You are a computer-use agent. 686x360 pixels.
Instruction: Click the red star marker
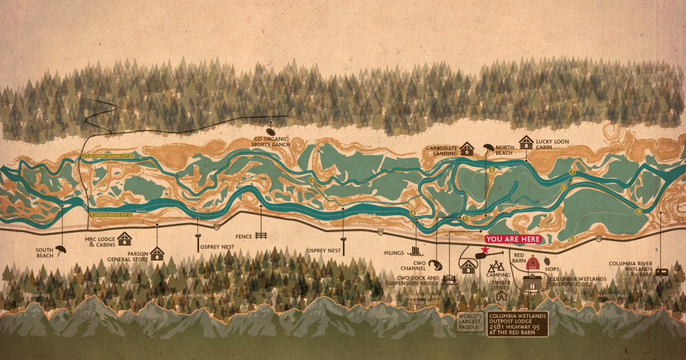pos(485,250)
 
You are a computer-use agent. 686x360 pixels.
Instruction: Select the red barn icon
pos(532,263)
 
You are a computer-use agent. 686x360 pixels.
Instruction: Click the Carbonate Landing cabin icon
pos(467,149)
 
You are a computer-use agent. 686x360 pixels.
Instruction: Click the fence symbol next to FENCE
pos(261,235)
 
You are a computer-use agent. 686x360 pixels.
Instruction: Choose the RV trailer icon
pos(661,273)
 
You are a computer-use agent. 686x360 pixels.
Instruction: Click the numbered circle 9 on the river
pos(638,211)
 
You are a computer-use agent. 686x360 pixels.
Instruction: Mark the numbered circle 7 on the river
pos(572,173)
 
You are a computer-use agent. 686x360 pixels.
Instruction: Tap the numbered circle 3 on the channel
pos(312,181)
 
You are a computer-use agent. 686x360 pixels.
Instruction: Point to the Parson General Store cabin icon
pos(157,253)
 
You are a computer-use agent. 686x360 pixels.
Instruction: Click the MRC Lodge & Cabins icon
pos(124,238)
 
